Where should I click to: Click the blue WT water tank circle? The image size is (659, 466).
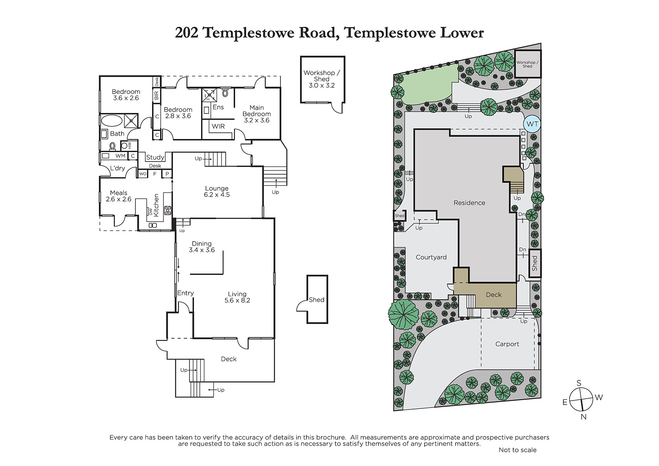tap(532, 124)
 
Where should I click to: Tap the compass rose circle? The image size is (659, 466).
tap(581, 400)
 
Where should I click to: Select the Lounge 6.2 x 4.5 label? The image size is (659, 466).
tap(217, 191)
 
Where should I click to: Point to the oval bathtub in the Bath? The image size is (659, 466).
tap(112, 121)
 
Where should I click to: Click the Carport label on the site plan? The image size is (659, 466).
tap(507, 344)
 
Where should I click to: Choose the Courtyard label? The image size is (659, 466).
tap(431, 257)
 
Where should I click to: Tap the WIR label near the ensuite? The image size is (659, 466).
tap(218, 126)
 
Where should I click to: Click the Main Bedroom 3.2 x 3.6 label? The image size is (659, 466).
tap(257, 114)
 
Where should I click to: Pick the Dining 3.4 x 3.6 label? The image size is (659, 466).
tap(202, 247)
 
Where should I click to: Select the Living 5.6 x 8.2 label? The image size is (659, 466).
tap(237, 297)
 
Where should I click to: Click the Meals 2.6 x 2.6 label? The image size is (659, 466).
tap(119, 196)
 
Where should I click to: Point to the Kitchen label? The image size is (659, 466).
tap(156, 205)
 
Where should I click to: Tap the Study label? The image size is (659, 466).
tap(155, 157)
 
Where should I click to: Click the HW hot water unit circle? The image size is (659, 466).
tap(124, 145)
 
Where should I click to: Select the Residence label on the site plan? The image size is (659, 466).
tap(469, 203)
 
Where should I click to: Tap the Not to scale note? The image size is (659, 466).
tap(517, 450)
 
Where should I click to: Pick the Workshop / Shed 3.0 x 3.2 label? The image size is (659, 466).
tap(322, 79)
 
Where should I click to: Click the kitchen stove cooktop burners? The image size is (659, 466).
tap(168, 210)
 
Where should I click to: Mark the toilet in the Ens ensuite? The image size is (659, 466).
tap(225, 93)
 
